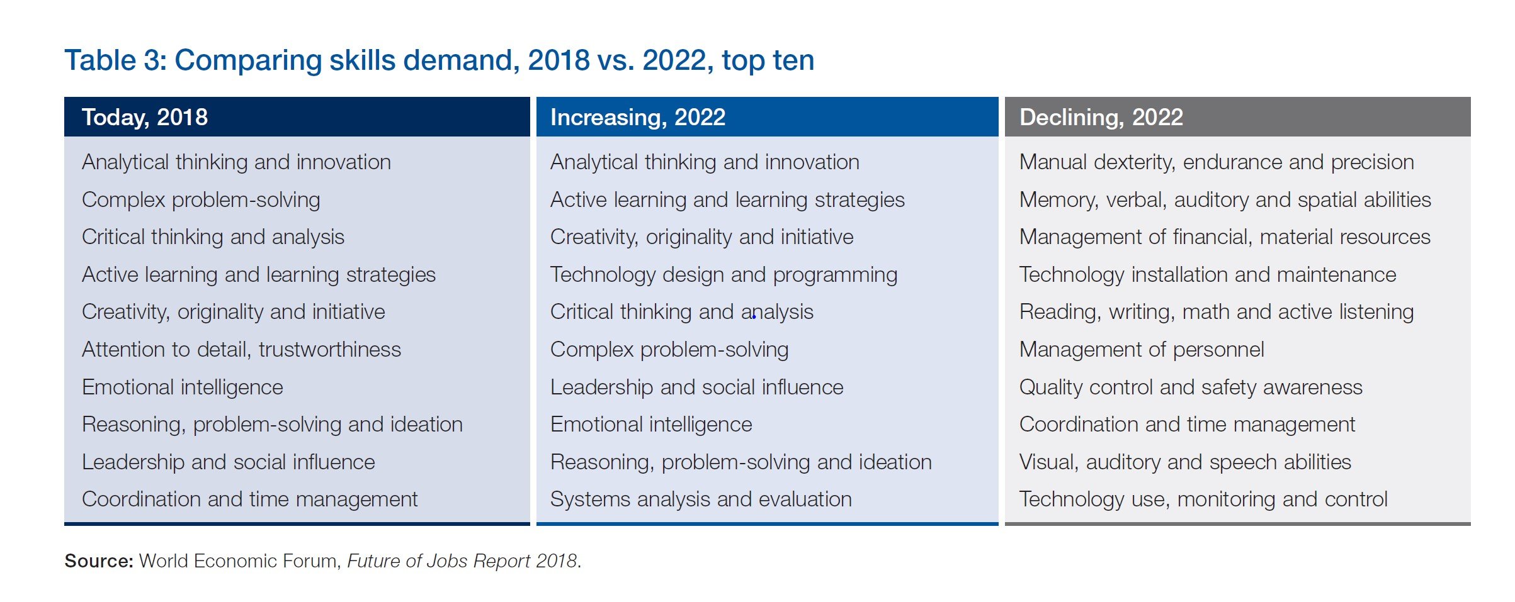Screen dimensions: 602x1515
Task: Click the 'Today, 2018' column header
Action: coord(145,118)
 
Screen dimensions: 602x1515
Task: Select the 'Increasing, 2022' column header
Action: coord(637,118)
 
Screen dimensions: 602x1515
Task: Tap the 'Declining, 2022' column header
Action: coord(1101,118)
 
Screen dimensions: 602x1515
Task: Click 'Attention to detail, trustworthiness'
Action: coord(241,349)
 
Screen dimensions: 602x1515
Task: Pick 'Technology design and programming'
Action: coord(723,275)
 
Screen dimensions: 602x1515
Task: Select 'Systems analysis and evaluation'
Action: coord(701,499)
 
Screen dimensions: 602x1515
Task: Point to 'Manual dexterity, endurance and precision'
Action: coord(1217,162)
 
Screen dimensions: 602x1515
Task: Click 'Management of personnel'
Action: coord(1142,349)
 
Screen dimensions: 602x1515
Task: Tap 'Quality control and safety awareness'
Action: coord(1191,387)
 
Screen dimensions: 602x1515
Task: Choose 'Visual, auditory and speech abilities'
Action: coord(1185,462)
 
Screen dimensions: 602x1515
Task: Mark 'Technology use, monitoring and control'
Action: coord(1203,499)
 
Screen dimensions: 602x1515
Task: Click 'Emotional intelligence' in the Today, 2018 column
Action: coord(183,387)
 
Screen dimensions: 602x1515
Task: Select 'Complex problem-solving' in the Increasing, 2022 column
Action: coord(669,349)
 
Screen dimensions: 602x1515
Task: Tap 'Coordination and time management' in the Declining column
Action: coord(1187,425)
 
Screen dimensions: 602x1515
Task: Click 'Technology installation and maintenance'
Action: coord(1208,275)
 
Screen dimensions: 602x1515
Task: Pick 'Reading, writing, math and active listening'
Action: coord(1217,312)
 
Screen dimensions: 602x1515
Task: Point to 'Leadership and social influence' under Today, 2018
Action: coord(229,462)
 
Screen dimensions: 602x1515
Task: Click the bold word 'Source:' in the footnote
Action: coord(99,560)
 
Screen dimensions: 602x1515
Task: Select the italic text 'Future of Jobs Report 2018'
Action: coord(462,560)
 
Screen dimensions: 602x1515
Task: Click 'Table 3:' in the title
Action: coord(115,60)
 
